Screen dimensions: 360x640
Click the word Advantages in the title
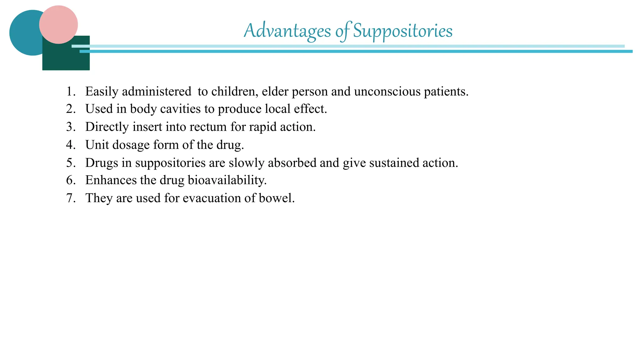287,31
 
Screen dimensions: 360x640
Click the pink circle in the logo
58,24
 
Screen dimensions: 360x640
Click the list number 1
71,92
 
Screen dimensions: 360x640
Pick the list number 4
71,145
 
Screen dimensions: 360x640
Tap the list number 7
71,198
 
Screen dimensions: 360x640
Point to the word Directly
107,127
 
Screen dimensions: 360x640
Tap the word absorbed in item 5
292,163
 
